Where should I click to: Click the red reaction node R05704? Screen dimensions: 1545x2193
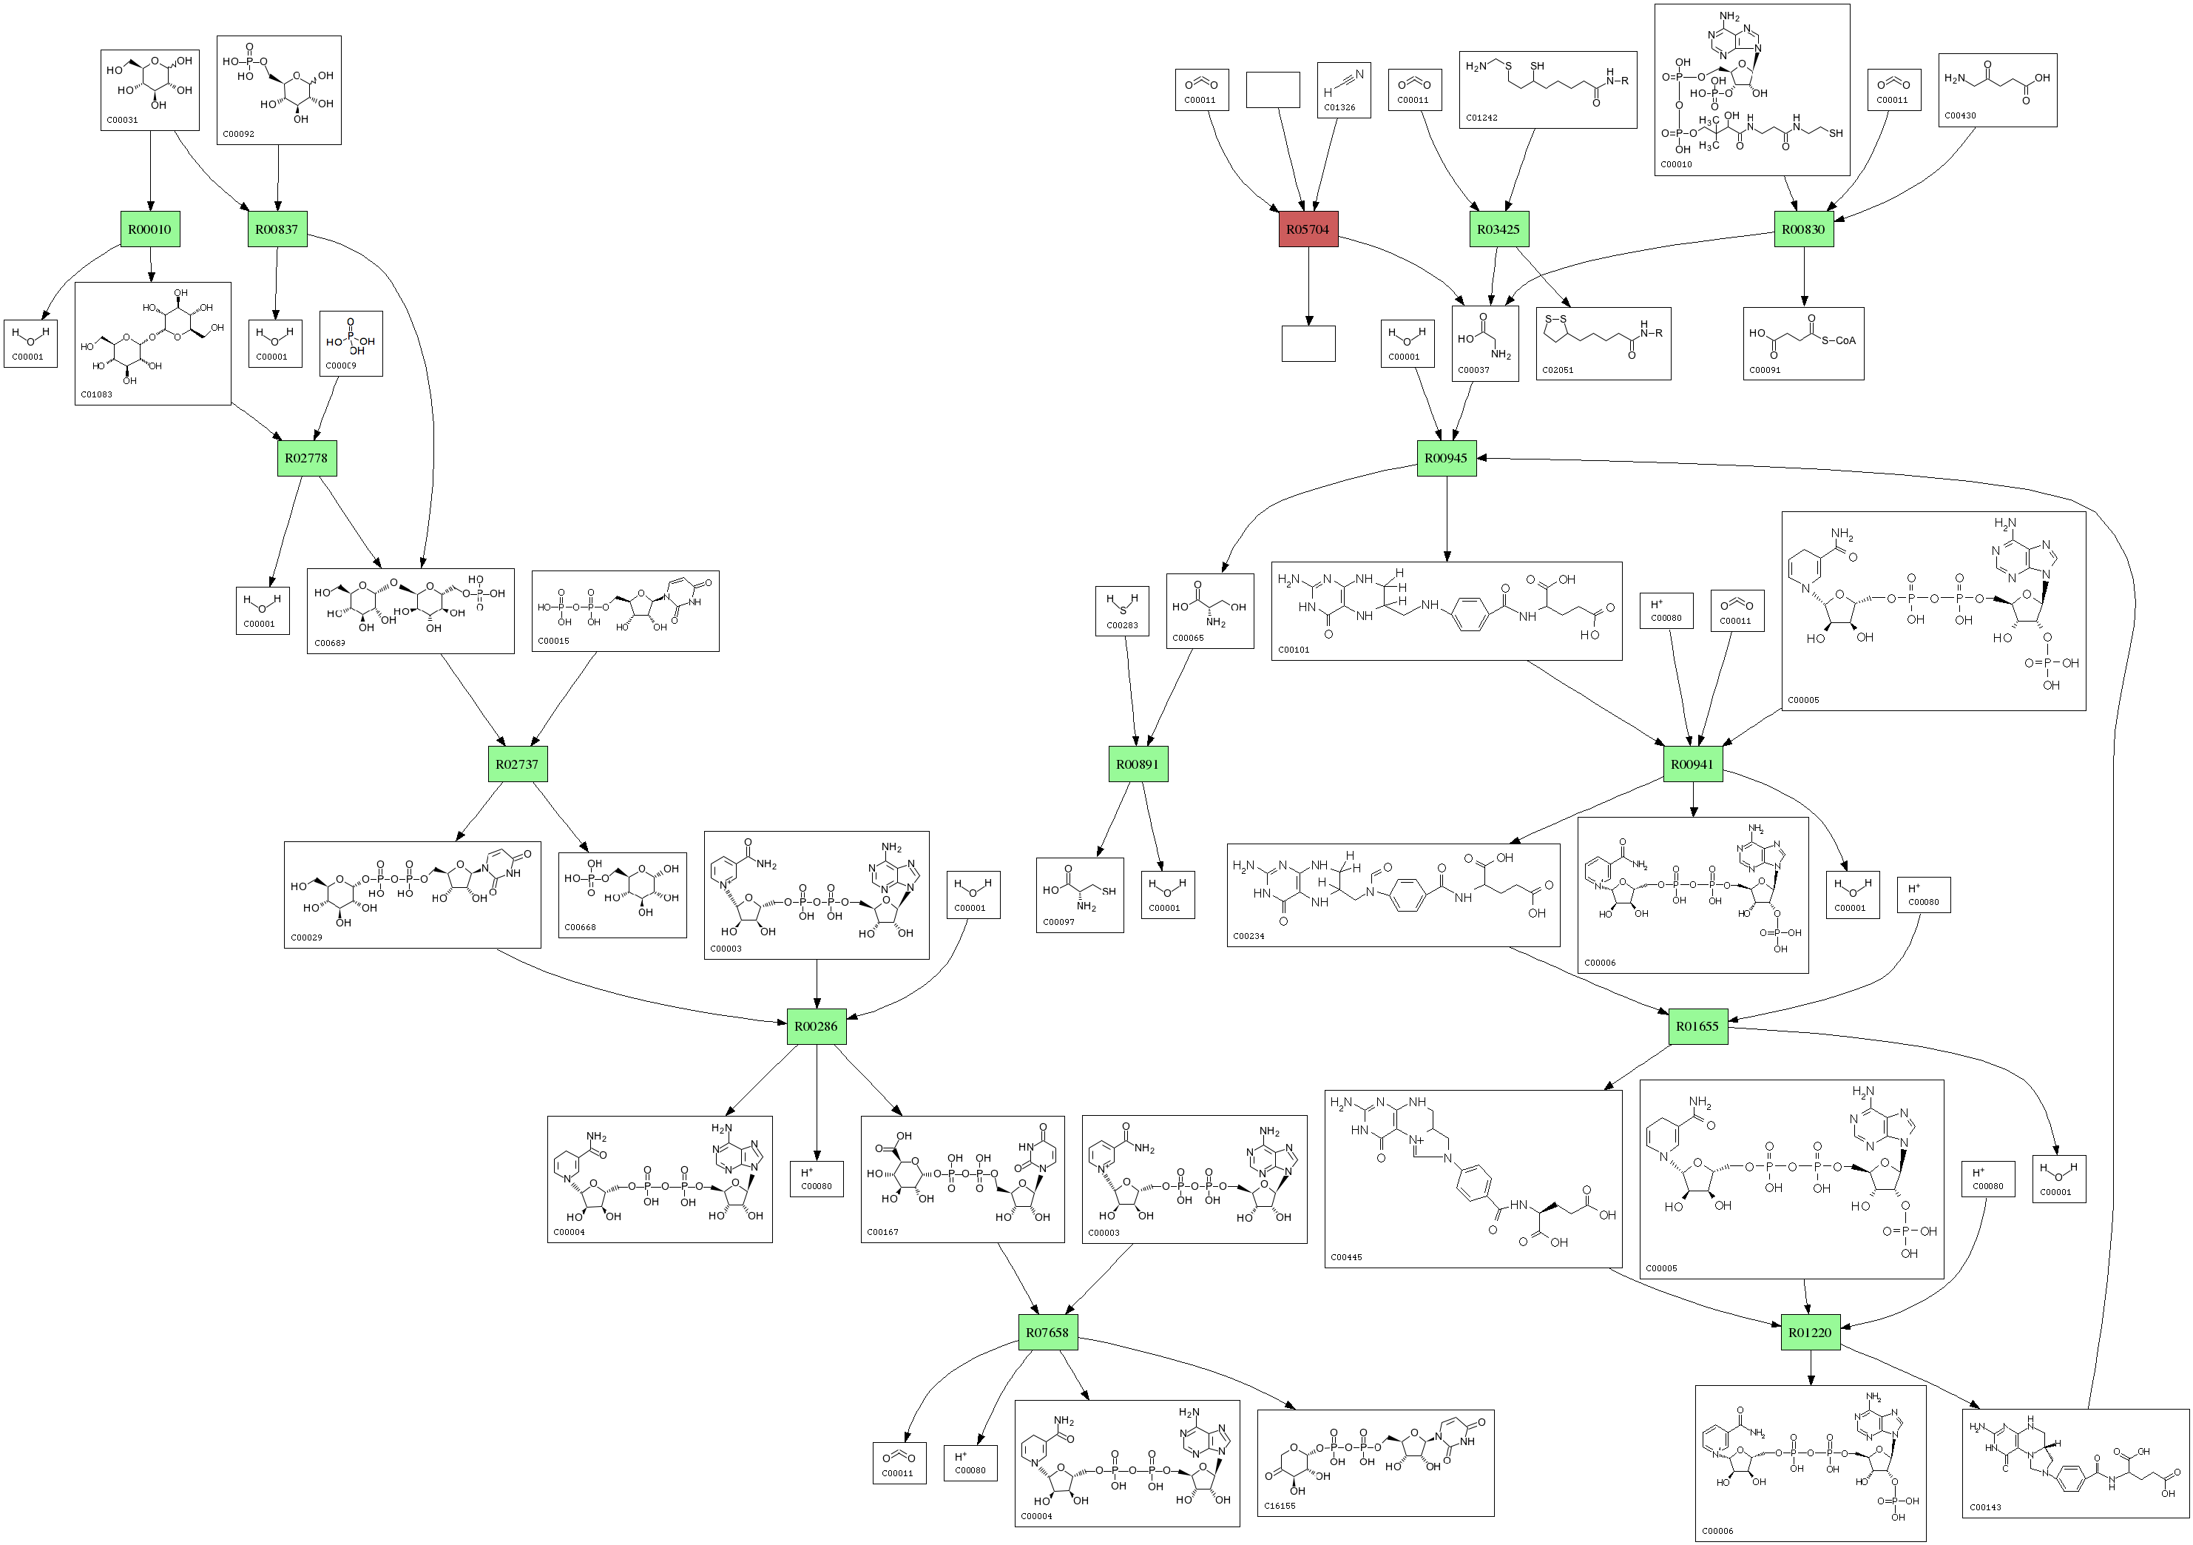(1308, 229)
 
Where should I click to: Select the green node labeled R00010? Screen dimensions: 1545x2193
(150, 229)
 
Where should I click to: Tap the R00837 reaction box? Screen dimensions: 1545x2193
(277, 229)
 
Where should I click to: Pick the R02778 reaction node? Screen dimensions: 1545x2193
(305, 458)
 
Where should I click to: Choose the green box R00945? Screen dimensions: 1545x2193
(1445, 458)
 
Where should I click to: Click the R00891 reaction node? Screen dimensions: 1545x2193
(1138, 764)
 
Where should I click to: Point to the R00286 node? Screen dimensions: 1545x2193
(816, 1026)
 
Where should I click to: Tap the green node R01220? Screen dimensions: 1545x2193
(1810, 1332)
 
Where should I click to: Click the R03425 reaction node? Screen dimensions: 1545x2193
(1498, 229)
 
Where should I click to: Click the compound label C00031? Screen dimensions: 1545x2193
(122, 121)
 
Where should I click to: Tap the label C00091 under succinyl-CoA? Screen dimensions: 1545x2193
(1765, 370)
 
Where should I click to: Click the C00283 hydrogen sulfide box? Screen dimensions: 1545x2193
(1121, 610)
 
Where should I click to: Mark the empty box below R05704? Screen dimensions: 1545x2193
(1308, 344)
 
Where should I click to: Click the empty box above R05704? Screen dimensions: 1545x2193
(1272, 90)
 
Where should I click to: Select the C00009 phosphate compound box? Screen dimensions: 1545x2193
(351, 343)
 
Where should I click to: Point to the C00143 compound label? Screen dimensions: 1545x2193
(1986, 1508)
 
